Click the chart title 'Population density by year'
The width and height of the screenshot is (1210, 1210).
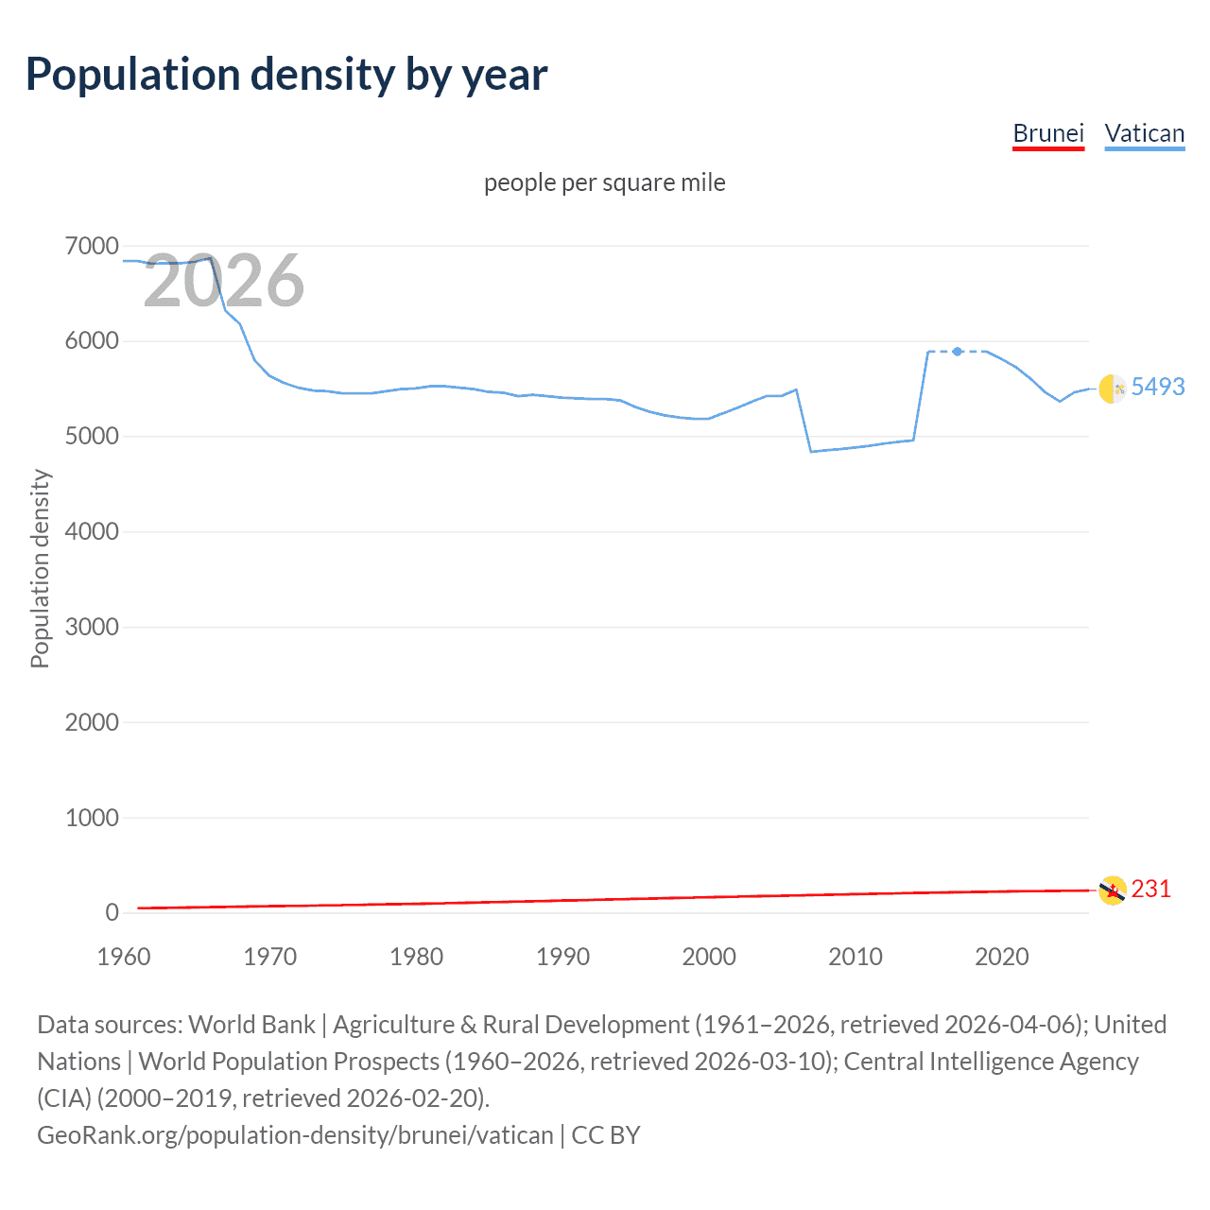(x=286, y=75)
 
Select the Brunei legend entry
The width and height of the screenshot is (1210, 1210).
(x=1047, y=133)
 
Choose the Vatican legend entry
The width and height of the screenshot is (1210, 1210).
(x=1144, y=133)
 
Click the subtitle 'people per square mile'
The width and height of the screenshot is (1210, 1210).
(x=604, y=182)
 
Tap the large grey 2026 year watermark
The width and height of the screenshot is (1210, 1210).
(x=224, y=281)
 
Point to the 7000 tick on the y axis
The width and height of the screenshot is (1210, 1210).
(x=92, y=247)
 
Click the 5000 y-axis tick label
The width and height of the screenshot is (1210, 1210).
(x=92, y=437)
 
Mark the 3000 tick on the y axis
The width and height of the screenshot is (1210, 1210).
(x=92, y=627)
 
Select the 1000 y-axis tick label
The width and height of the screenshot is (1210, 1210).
(x=92, y=818)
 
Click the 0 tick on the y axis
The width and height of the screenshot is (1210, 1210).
(x=112, y=913)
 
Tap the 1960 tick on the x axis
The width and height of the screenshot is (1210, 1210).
(x=124, y=957)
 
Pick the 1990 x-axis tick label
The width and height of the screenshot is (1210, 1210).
(x=562, y=957)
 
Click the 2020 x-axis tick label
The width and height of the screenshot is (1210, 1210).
(x=1001, y=957)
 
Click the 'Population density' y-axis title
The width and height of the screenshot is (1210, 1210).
(x=40, y=569)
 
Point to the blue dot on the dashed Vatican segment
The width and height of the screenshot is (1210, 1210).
(x=958, y=352)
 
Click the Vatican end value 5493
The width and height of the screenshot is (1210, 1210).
(x=1157, y=387)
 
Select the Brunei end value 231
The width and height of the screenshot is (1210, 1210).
(x=1150, y=889)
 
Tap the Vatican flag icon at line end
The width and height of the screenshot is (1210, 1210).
(x=1113, y=389)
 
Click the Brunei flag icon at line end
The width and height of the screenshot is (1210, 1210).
(x=1113, y=890)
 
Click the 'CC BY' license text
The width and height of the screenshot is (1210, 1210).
(x=606, y=1134)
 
